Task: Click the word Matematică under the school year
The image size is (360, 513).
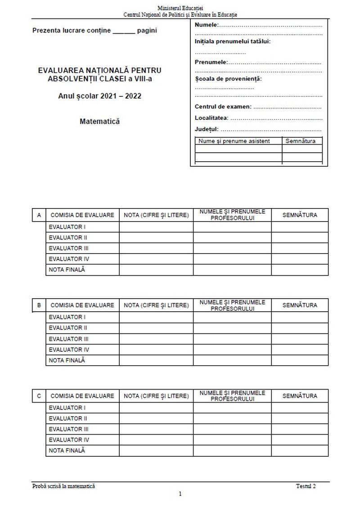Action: coord(99,121)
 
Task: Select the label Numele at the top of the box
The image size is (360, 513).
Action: coord(206,25)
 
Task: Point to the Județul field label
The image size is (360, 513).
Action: coord(206,129)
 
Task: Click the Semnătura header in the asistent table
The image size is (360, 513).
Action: coord(301,141)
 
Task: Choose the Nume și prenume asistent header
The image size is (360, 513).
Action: coord(234,141)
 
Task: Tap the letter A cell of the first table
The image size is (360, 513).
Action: coord(39,215)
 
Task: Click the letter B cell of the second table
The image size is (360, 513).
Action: coord(39,305)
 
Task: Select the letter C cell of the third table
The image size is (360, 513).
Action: coord(39,396)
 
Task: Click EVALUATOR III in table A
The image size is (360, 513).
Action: coord(68,248)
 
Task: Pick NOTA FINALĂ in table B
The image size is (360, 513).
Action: coord(67,360)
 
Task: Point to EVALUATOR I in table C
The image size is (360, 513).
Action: coord(67,408)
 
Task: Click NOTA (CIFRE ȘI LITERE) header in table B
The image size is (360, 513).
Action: coord(156,305)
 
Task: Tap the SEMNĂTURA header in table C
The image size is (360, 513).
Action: coord(300,396)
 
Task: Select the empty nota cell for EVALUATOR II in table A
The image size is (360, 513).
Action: coord(156,238)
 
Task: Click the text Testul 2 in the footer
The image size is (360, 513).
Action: coord(306,486)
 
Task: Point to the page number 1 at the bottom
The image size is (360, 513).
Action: coord(180,494)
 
